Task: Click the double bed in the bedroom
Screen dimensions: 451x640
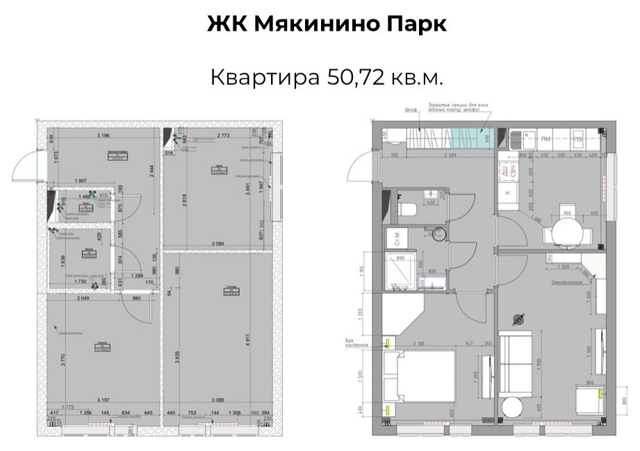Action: [x=419, y=383]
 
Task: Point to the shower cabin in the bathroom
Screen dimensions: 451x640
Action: [x=402, y=272]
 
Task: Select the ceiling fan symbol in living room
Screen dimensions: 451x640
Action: [x=516, y=319]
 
